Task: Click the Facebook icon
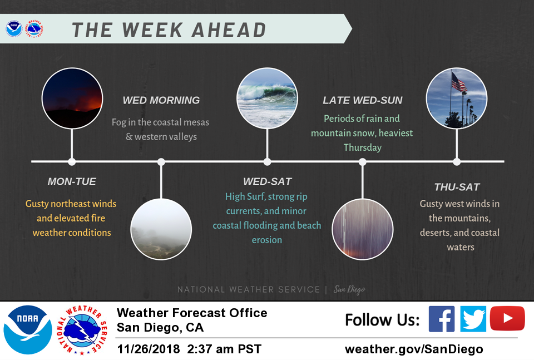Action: pos(441,319)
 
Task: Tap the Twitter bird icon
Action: pos(473,319)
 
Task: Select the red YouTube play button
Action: pos(507,318)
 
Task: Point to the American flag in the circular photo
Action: pos(459,82)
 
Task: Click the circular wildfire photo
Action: pos(72,98)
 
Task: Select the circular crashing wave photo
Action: pos(268,98)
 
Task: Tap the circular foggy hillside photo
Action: pos(161,229)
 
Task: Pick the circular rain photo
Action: pos(363,229)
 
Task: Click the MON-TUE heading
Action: pos(72,181)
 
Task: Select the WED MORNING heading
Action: pos(161,100)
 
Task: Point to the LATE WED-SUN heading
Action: pos(362,100)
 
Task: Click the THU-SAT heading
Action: pos(457,187)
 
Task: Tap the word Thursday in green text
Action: pos(362,147)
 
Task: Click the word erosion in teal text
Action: pos(267,240)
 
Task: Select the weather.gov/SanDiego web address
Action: pos(414,349)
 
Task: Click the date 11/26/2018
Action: pos(149,349)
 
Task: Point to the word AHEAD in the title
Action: pos(229,29)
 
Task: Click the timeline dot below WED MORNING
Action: pos(161,162)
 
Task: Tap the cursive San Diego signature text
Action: pos(349,289)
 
